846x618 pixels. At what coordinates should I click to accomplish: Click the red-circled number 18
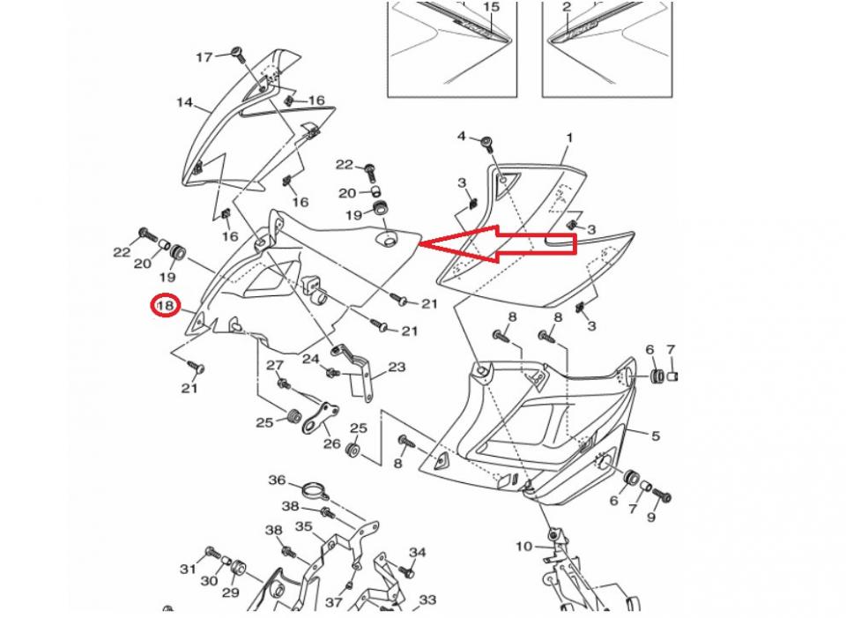pos(165,306)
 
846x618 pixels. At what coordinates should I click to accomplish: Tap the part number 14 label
pos(184,102)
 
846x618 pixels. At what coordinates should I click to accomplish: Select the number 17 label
pos(204,57)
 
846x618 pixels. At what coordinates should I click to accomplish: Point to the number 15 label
pos(491,7)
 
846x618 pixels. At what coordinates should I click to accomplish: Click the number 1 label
pos(568,138)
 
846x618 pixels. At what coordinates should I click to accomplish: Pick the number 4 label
pos(461,136)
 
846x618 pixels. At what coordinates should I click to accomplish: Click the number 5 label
pos(655,435)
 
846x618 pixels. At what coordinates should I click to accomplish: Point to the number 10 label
pos(523,547)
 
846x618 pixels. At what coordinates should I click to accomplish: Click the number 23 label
pos(397,368)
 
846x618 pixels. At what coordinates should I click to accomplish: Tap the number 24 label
pos(310,359)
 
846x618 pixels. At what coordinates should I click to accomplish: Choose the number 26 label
pos(331,443)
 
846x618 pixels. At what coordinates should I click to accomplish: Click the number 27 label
pos(275,366)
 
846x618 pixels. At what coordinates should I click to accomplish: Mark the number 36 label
pos(277,480)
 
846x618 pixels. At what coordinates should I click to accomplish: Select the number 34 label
pos(417,553)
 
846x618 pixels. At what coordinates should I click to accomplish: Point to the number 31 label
pos(188,569)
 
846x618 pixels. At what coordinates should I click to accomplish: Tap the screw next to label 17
pos(236,53)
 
